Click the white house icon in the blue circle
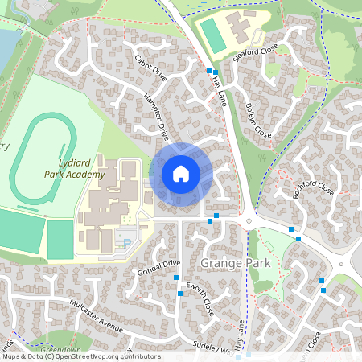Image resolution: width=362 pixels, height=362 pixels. (x=181, y=174)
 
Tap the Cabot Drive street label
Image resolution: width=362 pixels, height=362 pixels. (x=150, y=68)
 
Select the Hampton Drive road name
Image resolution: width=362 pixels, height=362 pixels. (x=155, y=113)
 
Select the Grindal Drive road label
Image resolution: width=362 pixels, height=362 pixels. (x=158, y=266)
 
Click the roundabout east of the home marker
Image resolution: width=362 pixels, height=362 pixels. (x=250, y=222)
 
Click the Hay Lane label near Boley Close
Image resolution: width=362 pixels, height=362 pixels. (x=220, y=90)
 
